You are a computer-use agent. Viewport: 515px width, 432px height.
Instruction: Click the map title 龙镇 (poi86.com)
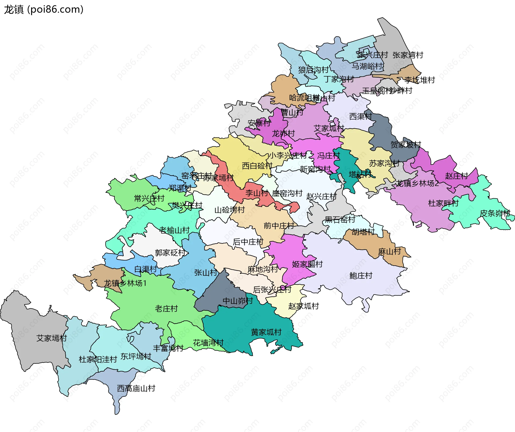point(44,10)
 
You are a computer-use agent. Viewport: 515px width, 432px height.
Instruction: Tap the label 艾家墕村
point(51,338)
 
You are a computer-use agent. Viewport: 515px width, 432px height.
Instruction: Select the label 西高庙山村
point(136,388)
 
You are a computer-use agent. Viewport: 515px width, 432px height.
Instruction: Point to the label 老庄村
point(166,309)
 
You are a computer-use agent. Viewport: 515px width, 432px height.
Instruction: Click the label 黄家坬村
point(266,332)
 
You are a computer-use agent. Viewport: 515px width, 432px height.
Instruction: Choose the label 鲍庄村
point(361,275)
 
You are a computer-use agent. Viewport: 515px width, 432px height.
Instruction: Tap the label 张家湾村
point(408,55)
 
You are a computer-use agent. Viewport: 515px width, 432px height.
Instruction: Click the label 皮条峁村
point(495,214)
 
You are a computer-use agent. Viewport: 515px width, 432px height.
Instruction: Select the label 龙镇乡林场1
point(125,283)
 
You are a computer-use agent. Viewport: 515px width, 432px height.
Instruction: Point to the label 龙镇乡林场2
point(417,184)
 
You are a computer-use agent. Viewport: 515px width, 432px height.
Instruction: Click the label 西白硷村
point(257,166)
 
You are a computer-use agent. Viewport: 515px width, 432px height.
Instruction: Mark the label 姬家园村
point(307,264)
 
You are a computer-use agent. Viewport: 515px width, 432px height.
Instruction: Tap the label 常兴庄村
point(149,199)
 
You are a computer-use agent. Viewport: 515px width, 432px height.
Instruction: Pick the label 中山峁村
point(238,301)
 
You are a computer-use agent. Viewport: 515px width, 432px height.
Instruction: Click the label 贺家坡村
point(406,145)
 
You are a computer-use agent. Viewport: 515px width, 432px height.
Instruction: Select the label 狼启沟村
point(313,70)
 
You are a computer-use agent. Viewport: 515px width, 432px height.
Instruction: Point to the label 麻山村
point(389,252)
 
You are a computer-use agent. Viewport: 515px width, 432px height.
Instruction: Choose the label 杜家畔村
point(443,203)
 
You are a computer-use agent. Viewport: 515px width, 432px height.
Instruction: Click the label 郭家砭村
point(170,253)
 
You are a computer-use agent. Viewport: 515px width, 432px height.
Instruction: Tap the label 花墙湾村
point(208,343)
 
